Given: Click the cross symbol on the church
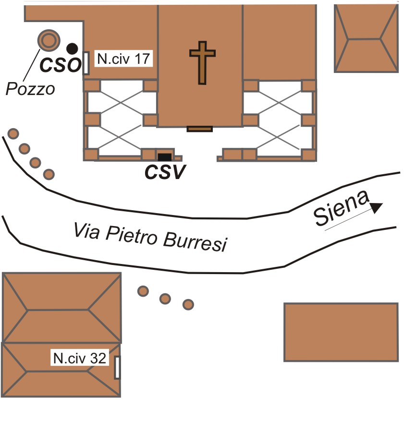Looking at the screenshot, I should [201, 63].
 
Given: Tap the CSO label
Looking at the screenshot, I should [59, 65].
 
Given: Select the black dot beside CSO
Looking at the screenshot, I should [72, 48].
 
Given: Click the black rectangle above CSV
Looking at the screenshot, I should [164, 156].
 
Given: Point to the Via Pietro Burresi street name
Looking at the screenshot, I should [149, 238].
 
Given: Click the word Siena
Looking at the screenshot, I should [342, 210].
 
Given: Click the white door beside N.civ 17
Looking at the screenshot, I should [86, 63].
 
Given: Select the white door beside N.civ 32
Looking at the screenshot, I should [117, 368].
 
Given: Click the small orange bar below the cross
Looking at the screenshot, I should [199, 129].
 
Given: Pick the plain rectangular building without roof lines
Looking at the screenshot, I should [341, 332].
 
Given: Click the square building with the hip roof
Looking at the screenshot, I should [366, 38].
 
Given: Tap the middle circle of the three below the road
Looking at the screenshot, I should [165, 299].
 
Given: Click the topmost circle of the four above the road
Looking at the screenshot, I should [13, 133].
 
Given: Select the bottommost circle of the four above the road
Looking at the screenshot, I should [48, 174].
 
